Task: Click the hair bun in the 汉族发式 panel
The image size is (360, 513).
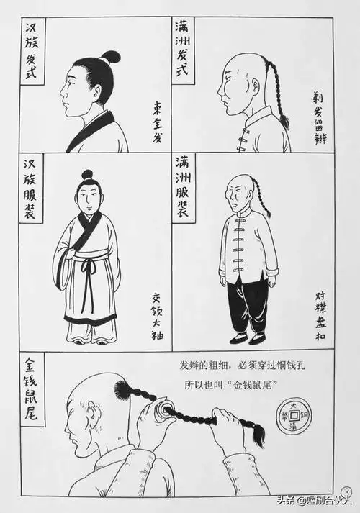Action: pos(110,57)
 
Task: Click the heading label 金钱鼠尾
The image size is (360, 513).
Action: pos(31,391)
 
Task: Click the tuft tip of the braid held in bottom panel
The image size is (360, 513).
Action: pos(256,435)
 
